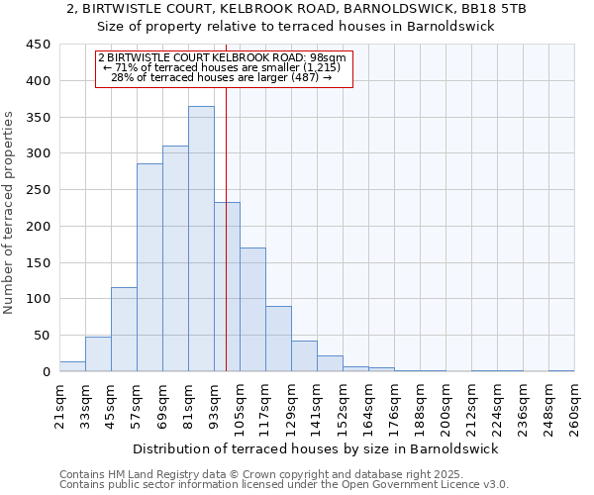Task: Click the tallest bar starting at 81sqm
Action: click(201, 239)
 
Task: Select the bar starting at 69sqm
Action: click(175, 258)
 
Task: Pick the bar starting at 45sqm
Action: click(124, 330)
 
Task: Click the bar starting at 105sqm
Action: click(252, 310)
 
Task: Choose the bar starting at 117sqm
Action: click(278, 339)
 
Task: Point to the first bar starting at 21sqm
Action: click(72, 366)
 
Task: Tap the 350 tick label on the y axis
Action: click(39, 118)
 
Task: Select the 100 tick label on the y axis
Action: click(39, 299)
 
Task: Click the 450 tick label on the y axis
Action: click(39, 45)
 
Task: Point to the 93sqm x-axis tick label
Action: click(214, 405)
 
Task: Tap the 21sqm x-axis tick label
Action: click(59, 405)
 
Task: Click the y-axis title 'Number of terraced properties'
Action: click(10, 213)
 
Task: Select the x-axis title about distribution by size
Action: click(318, 448)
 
